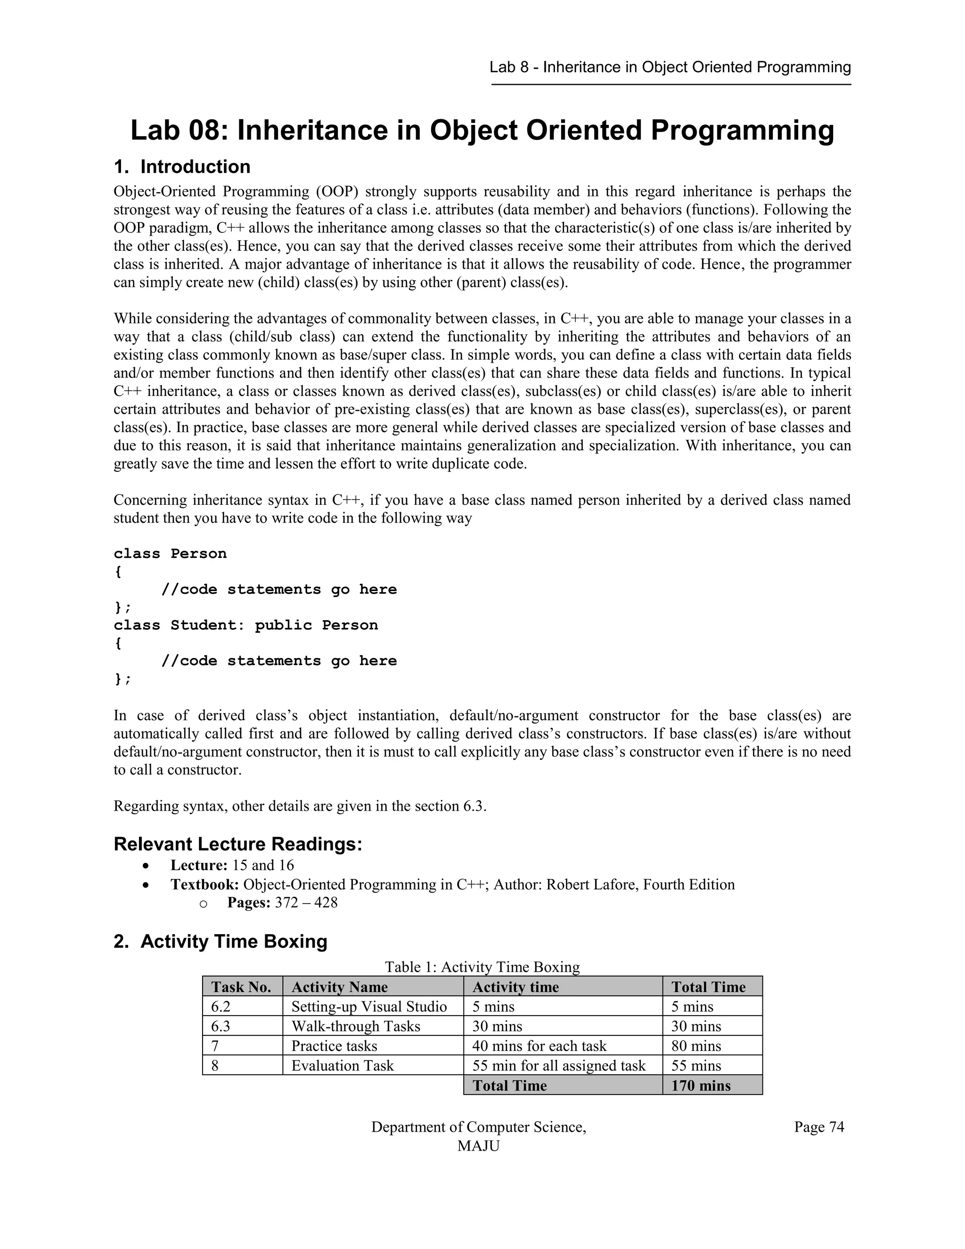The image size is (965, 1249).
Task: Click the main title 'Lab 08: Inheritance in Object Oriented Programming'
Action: [x=482, y=131]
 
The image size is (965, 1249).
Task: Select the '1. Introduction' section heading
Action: [x=182, y=167]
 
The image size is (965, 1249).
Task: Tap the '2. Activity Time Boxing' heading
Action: [x=220, y=941]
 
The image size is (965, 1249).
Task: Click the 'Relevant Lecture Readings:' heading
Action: [x=238, y=844]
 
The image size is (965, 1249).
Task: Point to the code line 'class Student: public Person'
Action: [x=246, y=625]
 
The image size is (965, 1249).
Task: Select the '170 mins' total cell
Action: [x=700, y=1085]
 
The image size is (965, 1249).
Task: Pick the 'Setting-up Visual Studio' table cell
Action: [x=369, y=1007]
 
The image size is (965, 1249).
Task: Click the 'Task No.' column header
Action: [x=241, y=987]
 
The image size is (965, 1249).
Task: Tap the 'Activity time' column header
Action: [x=515, y=987]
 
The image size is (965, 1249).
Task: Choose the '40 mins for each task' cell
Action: [x=539, y=1046]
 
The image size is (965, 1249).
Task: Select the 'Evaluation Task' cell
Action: [x=343, y=1066]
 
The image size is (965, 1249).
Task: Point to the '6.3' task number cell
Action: [x=221, y=1026]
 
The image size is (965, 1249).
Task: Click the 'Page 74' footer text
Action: [x=818, y=1127]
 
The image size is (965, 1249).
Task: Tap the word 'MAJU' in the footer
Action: [x=479, y=1146]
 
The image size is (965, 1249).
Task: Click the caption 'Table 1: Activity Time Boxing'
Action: [x=482, y=967]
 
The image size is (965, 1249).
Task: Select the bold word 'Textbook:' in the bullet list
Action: [x=204, y=885]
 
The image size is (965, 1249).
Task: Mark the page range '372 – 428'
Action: [x=306, y=903]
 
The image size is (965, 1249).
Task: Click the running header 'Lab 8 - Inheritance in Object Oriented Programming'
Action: [x=670, y=67]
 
